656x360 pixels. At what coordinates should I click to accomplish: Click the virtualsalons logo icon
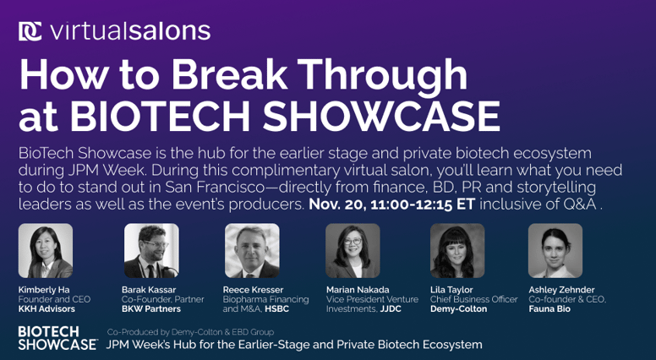pos(30,31)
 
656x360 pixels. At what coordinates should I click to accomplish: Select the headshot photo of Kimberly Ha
pos(46,251)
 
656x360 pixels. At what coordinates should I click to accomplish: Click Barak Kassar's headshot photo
pos(151,251)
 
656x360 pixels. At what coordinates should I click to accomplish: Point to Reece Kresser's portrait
pos(252,251)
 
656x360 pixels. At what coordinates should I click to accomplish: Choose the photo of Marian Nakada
pos(353,251)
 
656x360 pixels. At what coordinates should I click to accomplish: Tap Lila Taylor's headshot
pos(457,251)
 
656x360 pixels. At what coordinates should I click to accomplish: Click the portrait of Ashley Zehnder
pos(555,251)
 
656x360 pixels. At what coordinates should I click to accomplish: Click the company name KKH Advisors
pos(47,309)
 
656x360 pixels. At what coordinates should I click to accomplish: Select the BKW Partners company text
pos(151,309)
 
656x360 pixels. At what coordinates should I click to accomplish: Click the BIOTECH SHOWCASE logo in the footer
pos(57,338)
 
